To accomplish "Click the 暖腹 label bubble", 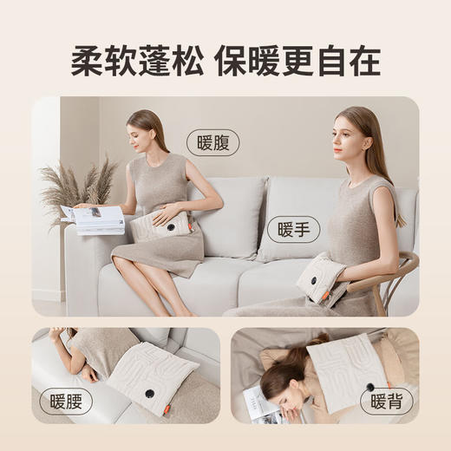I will (212, 142).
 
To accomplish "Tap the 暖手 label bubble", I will (293, 229).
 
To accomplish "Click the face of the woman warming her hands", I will (344, 134).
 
